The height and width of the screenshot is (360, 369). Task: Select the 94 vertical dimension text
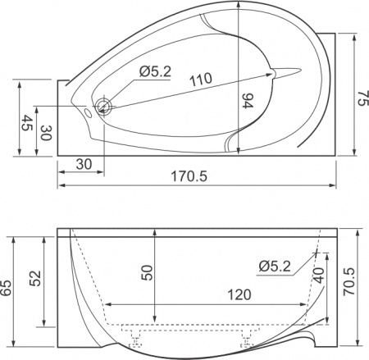coord(248,103)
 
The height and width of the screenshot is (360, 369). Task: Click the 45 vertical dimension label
coord(26,124)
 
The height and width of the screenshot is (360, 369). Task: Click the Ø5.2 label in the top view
coord(154,71)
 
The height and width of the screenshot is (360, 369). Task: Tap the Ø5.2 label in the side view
coord(274,265)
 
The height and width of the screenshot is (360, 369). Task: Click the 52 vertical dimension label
coord(34,278)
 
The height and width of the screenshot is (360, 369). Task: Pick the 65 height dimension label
coord(7,288)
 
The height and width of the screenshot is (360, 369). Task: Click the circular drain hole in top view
coord(103,106)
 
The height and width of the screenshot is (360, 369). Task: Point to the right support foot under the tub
coord(247,335)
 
